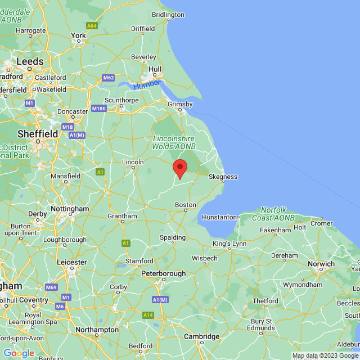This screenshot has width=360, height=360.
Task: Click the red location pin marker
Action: tap(179, 168)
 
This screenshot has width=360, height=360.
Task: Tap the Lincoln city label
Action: tap(133, 162)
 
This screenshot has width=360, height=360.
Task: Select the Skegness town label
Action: tap(223, 177)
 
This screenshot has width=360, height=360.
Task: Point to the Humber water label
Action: tap(147, 84)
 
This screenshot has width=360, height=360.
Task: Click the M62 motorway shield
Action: tap(109, 78)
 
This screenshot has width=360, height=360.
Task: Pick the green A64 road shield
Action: tap(92, 26)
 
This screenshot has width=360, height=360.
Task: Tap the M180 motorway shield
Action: tap(98, 109)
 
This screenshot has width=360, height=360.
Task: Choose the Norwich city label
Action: tap(321, 263)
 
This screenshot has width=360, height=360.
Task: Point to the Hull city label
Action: tap(155, 69)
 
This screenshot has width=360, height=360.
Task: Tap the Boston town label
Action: tap(185, 205)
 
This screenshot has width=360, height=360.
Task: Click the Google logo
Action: tap(19, 353)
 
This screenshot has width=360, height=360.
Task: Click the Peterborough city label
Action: tap(163, 273)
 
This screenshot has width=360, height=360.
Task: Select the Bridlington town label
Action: tap(168, 15)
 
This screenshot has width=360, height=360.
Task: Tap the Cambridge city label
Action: tap(201, 336)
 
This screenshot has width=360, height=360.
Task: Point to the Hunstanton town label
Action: tap(220, 217)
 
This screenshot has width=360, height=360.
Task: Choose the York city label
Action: tap(78, 35)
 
